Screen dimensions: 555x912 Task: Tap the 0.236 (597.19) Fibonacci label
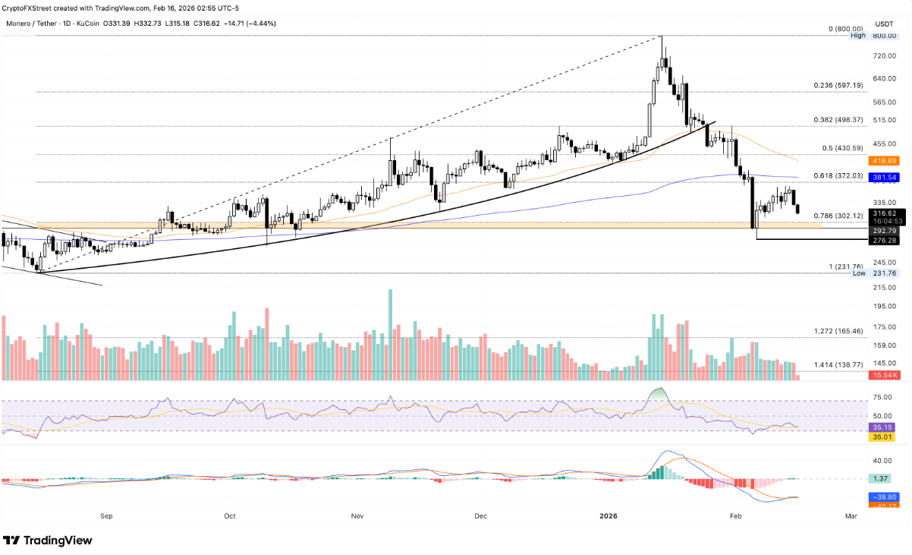click(838, 85)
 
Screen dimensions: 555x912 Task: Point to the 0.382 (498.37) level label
click(838, 120)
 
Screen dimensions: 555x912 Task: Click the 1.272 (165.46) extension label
click(838, 331)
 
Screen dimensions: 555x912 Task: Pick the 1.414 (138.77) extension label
click(838, 365)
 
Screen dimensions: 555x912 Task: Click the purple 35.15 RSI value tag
click(882, 427)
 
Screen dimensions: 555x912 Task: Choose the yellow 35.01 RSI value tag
click(882, 437)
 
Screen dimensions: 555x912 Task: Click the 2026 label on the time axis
click(608, 516)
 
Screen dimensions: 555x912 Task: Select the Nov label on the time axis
click(357, 516)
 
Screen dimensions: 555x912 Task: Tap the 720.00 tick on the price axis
click(882, 56)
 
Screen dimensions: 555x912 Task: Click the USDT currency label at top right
click(883, 23)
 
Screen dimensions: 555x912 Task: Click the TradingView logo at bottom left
click(49, 541)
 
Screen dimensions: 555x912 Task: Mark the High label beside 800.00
click(858, 36)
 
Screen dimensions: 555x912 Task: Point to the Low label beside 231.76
click(858, 273)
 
